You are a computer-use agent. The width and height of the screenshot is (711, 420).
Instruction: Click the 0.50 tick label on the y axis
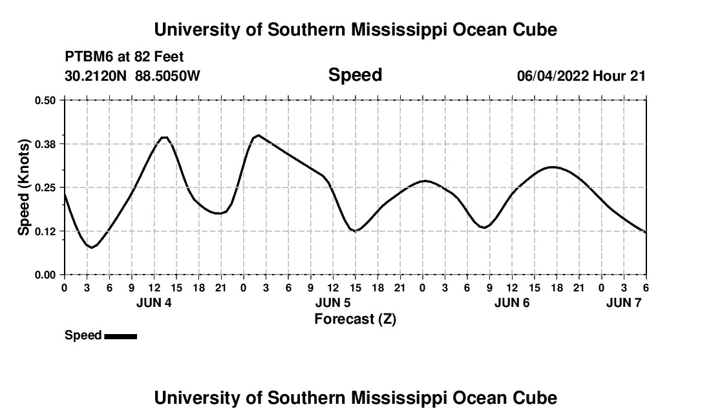[46, 100]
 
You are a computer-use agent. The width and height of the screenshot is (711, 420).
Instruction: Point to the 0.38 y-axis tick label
[46, 143]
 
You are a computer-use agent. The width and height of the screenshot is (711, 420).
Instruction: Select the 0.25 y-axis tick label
[46, 187]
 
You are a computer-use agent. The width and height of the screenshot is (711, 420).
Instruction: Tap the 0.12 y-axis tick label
[46, 231]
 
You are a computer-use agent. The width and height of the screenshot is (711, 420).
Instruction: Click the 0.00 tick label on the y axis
[46, 275]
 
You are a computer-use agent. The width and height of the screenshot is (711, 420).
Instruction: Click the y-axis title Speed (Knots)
[24, 187]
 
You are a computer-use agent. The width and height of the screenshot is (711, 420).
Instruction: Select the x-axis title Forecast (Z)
[355, 319]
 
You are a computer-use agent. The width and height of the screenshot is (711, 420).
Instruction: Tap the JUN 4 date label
[154, 302]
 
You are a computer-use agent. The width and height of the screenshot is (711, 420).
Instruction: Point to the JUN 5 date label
[333, 302]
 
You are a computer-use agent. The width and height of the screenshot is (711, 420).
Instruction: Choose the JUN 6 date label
[512, 302]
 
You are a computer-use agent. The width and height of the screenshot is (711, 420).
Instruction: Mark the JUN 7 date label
[624, 302]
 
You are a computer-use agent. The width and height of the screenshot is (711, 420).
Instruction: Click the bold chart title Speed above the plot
[355, 75]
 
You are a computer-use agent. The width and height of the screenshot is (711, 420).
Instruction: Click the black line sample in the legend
[120, 336]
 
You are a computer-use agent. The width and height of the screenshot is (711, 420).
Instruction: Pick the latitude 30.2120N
[96, 76]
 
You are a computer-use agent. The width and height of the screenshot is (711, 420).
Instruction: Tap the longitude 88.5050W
[167, 76]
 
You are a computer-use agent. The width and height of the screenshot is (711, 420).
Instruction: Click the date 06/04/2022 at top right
[553, 76]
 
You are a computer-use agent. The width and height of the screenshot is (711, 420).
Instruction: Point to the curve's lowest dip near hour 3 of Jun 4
[92, 247]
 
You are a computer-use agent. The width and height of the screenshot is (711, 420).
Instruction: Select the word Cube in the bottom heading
[538, 398]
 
